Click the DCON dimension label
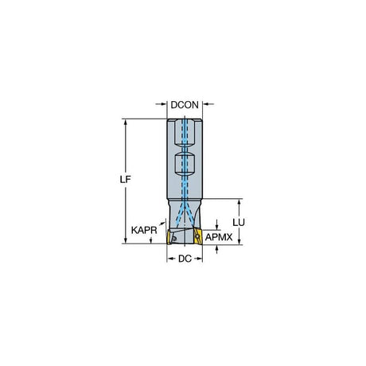(x=185, y=105)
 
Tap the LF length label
(x=126, y=180)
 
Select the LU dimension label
(x=239, y=223)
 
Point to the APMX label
(x=219, y=237)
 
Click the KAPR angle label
(x=144, y=230)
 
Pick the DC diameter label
(x=185, y=259)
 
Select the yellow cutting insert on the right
(x=197, y=236)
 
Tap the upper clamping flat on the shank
(x=185, y=133)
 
